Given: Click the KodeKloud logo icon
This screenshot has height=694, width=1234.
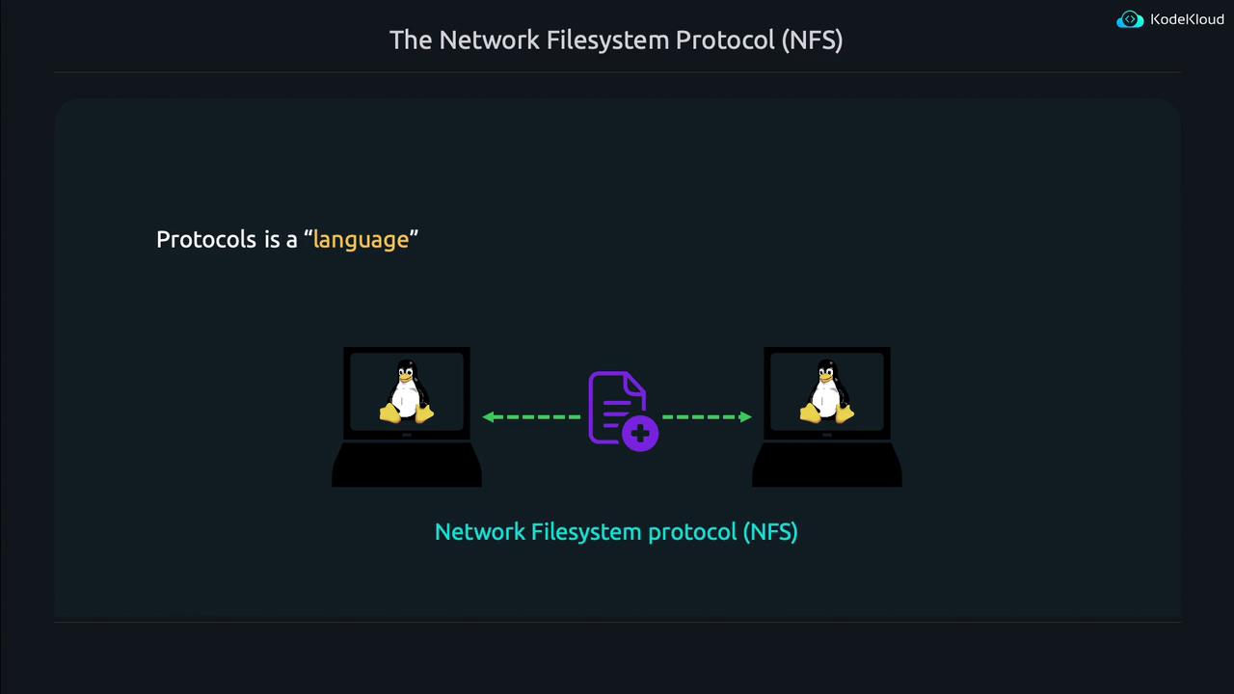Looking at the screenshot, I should tap(1129, 20).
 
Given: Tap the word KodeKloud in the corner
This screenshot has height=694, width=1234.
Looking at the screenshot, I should tap(1187, 20).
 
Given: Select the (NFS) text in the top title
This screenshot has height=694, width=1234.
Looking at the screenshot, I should tap(812, 40).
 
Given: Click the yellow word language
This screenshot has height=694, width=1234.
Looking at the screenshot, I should tap(361, 240).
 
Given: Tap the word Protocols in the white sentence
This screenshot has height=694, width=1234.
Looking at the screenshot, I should tap(205, 240).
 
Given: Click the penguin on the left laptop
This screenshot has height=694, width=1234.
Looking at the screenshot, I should tap(406, 392).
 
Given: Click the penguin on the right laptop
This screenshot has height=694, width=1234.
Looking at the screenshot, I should tap(826, 392).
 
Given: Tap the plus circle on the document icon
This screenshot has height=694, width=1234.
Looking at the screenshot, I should tap(640, 435).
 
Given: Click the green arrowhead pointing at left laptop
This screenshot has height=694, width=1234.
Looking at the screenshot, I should tap(489, 417).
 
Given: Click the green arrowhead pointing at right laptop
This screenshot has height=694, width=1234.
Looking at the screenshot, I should tap(745, 417).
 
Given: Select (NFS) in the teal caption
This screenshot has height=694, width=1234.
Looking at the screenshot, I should tap(769, 532).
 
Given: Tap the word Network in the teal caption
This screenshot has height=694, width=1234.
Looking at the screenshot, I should tap(478, 532).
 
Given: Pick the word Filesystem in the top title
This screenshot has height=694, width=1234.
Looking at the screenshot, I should tap(607, 40).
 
